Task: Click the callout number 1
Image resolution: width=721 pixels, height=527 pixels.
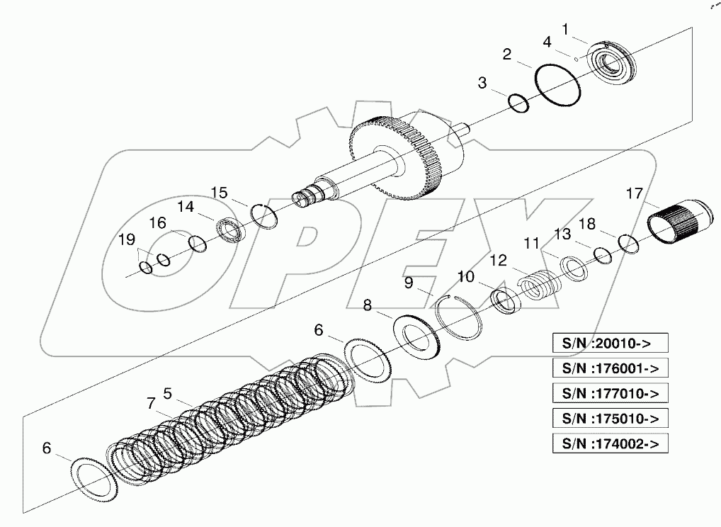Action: [564, 30]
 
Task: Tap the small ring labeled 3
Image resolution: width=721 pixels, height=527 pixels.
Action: [519, 103]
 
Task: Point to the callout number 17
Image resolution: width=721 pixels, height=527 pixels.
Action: [634, 193]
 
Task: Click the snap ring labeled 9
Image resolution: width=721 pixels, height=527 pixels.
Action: [460, 312]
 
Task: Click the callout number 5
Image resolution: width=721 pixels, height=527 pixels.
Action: [167, 393]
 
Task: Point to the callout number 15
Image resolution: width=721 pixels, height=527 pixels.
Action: [219, 193]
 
